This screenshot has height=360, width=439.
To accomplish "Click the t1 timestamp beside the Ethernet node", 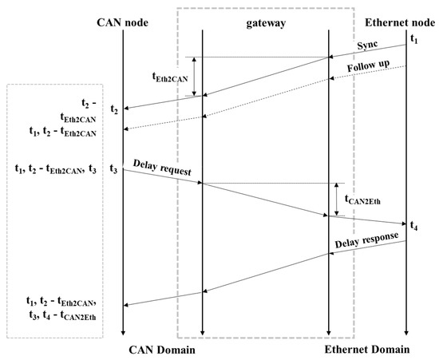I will click(x=413, y=38).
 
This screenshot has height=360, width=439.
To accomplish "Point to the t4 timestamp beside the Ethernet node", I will click(x=413, y=226).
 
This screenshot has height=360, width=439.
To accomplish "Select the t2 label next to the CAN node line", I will click(x=114, y=108).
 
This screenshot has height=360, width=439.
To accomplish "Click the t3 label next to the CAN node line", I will click(x=114, y=168).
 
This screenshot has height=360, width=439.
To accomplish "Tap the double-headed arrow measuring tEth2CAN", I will click(x=193, y=77).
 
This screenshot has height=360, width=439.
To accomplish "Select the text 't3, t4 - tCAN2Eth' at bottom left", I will click(x=58, y=314).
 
